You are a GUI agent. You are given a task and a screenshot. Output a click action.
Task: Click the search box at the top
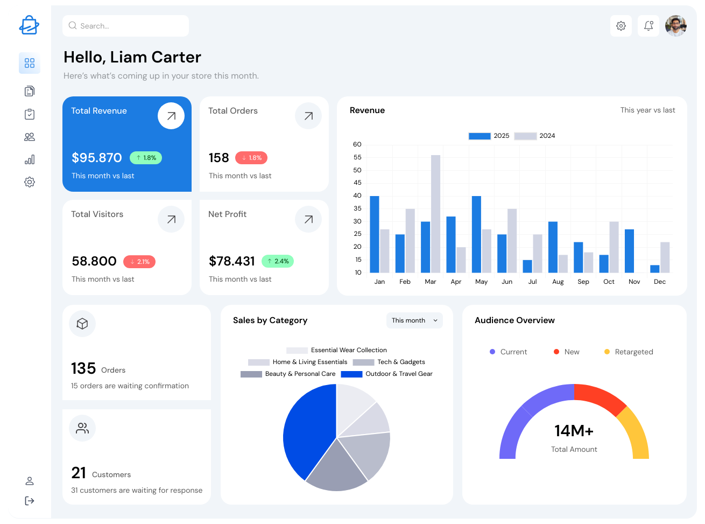tap(125, 26)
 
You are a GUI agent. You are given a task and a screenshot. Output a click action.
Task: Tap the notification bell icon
tap(648, 26)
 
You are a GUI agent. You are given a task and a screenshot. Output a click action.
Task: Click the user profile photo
tap(675, 26)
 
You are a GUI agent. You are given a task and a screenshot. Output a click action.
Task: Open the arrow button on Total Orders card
tap(308, 116)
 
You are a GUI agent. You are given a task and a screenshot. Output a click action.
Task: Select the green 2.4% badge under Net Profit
tap(278, 261)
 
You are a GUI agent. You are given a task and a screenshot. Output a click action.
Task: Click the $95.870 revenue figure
tap(97, 158)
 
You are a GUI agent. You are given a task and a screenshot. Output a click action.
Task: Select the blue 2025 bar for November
tap(629, 251)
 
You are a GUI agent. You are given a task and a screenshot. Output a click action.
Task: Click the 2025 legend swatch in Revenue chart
tap(480, 136)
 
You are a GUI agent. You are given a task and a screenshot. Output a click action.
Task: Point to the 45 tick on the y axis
tap(357, 183)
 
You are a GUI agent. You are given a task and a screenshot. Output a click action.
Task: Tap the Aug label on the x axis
tap(558, 282)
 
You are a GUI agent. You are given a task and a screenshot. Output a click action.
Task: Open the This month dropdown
tap(414, 320)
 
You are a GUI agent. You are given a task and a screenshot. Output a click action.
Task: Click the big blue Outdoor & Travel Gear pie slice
tap(307, 431)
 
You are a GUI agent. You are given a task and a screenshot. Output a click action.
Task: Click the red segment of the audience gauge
tap(600, 398)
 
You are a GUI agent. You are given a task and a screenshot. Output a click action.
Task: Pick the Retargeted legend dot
tap(607, 352)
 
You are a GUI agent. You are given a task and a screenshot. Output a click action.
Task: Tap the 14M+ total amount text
tap(574, 431)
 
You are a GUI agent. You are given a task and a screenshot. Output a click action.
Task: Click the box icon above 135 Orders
tap(82, 324)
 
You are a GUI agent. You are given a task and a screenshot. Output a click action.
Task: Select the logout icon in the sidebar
tap(30, 501)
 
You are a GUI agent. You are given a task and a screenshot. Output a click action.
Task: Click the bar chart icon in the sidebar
tap(30, 159)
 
